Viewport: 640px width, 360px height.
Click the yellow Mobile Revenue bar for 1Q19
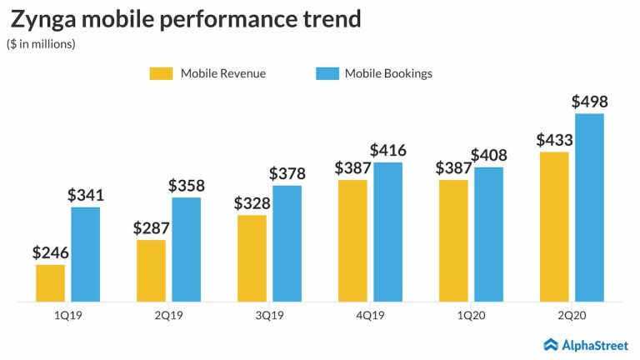pos(50,282)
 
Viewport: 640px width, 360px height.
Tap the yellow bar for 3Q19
pos(252,257)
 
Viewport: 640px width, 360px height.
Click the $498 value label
pos(589,102)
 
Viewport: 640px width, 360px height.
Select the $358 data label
pos(187,186)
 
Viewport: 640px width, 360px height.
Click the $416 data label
pos(388,151)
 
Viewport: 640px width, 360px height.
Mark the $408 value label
pos(488,155)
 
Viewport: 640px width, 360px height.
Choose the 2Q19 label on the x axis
pos(169,316)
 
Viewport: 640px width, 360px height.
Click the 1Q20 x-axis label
pos(472,316)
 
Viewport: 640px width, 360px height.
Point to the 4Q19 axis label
pos(371,316)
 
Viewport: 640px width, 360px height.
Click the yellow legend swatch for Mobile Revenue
pos(161,73)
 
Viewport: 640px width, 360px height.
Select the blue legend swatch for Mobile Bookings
pos(327,73)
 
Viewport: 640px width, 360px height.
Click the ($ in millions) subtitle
pos(41,44)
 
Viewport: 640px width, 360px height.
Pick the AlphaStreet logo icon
pos(550,344)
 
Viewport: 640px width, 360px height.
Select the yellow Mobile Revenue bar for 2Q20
pos(554,226)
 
